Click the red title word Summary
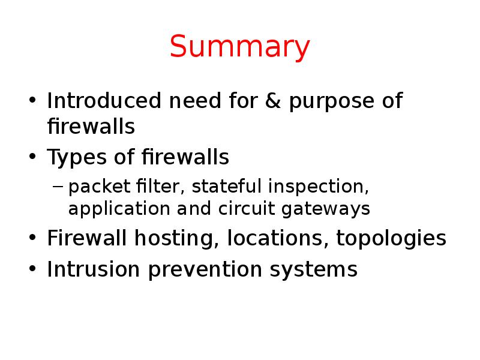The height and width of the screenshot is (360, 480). point(240,48)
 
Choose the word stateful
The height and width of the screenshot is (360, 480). point(228,187)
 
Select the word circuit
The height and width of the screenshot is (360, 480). point(266,209)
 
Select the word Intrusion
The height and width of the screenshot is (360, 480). point(94,269)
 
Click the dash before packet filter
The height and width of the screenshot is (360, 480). point(58,187)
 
